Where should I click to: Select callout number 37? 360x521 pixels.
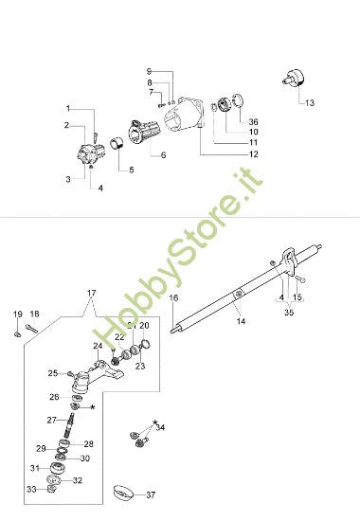(x=150, y=494)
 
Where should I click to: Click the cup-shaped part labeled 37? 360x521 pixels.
(x=122, y=493)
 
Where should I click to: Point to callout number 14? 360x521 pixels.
(x=241, y=321)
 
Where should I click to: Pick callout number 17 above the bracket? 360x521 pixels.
(x=92, y=292)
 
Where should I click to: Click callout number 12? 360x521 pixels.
(x=253, y=153)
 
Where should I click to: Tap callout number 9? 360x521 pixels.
(x=149, y=72)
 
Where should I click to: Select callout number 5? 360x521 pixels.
(x=131, y=170)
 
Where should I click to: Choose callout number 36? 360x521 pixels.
(x=253, y=121)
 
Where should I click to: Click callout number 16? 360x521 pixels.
(x=173, y=298)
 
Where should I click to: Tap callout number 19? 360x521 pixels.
(x=17, y=314)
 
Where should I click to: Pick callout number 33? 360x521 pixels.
(x=31, y=489)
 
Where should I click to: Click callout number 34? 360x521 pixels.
(x=160, y=428)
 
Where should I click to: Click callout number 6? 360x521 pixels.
(x=163, y=154)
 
